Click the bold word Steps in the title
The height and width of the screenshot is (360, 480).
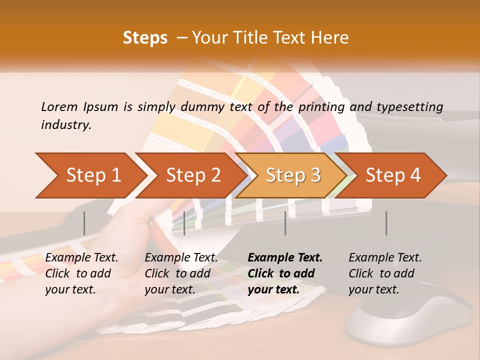point(145,38)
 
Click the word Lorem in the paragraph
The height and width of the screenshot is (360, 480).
point(59,106)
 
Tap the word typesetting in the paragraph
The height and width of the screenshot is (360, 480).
point(410,106)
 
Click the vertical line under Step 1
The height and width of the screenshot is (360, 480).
point(84,223)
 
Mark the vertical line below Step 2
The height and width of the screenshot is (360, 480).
point(184,223)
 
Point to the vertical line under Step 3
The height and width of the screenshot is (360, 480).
point(285,223)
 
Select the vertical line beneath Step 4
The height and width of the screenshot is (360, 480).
point(386,223)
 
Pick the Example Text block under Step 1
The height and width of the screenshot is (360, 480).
point(81,273)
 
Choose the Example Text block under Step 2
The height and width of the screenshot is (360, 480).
point(181,273)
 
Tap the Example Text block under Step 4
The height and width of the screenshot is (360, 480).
point(385,273)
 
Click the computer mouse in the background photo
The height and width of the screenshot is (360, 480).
point(410,315)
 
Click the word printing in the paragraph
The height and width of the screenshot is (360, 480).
point(319,106)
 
